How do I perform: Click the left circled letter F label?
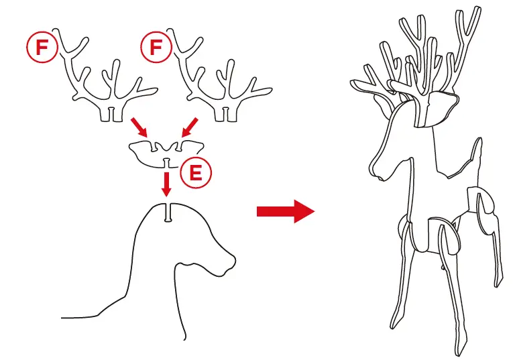click(42, 47)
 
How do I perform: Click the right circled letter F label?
click(156, 47)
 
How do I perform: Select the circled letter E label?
click(196, 173)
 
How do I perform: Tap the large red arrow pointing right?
click(286, 211)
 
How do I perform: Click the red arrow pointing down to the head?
click(167, 184)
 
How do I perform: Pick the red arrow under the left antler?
click(139, 127)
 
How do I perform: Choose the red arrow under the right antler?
click(190, 127)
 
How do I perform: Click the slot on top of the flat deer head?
click(168, 213)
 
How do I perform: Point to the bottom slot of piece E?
click(167, 163)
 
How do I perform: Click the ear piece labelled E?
click(166, 153)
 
